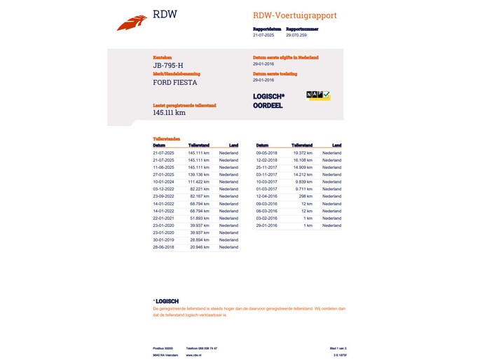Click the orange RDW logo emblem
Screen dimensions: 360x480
132,23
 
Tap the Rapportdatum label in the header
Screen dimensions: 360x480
267,29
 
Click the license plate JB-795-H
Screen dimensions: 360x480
168,66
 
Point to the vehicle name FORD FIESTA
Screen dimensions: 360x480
175,83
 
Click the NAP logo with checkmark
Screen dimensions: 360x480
318,95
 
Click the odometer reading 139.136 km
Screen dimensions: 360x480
199,174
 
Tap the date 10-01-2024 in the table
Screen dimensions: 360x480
164,181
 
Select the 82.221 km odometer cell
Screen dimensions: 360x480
200,189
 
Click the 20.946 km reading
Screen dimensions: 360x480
200,247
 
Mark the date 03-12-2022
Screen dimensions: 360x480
164,189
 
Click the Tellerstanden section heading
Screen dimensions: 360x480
167,139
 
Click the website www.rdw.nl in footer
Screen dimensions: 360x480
193,355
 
